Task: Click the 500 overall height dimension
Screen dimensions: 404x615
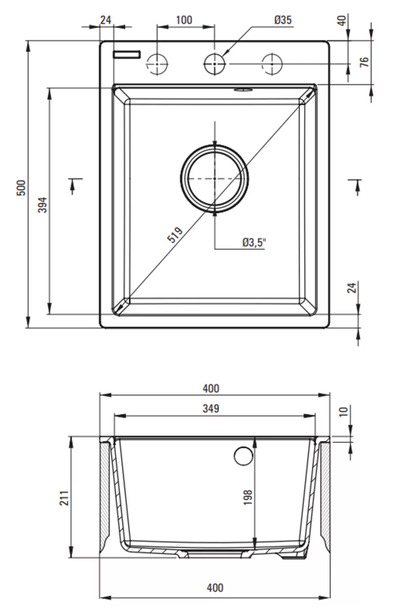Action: coord(21,188)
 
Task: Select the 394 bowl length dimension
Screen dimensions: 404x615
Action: coord(43,205)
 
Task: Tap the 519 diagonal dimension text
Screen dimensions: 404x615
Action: coord(175,235)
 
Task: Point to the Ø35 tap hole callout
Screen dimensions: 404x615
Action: coord(283,20)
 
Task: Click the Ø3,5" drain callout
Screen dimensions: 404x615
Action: coord(254,243)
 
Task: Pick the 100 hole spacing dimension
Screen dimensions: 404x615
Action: coord(184,20)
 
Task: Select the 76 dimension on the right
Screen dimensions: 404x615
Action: coord(364,62)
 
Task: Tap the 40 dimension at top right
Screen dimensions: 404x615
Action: coord(342,21)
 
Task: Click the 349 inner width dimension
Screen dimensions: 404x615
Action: coord(211,409)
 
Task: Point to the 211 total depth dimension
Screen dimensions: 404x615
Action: coord(64,498)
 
